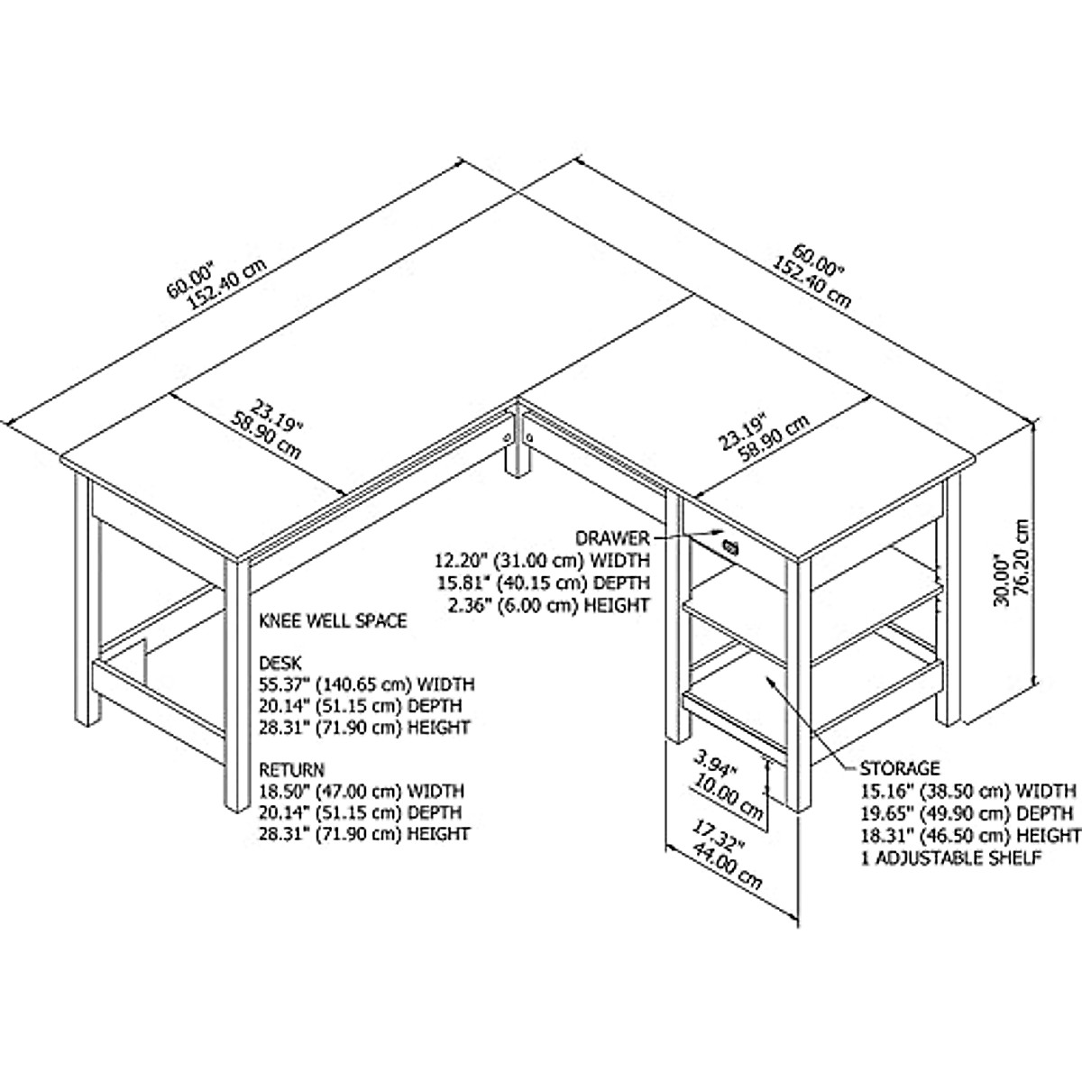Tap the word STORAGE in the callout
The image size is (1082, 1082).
tap(899, 768)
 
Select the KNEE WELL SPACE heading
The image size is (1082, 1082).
tap(333, 621)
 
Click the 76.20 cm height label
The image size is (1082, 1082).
tap(1022, 564)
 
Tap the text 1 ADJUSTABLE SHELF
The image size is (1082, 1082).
tap(952, 857)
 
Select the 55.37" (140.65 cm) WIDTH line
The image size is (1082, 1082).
tap(367, 684)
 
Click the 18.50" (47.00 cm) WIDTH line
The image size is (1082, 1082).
tap(362, 791)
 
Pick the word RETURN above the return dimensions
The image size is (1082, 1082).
tap(291, 770)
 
